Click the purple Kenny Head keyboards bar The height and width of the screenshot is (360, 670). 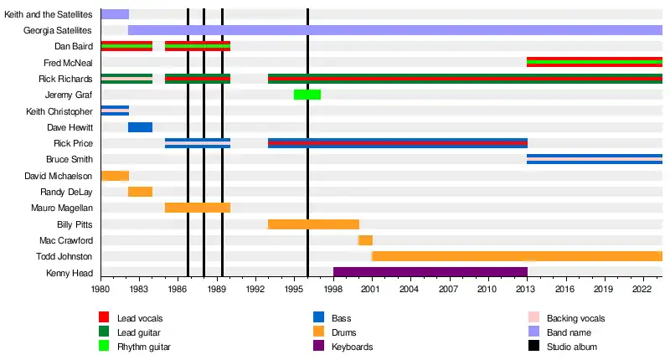pyautogui.click(x=430, y=272)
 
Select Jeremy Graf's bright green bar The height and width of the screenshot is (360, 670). pyautogui.click(x=307, y=94)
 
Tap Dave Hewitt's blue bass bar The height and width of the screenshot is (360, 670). pyautogui.click(x=140, y=126)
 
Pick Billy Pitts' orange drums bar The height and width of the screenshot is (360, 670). pyautogui.click(x=313, y=224)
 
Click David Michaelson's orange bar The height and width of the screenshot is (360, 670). pyautogui.click(x=115, y=175)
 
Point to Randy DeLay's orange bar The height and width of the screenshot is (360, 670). pyautogui.click(x=140, y=192)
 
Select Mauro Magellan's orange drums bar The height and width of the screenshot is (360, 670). pyautogui.click(x=198, y=208)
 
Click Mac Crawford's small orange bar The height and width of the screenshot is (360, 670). pyautogui.click(x=366, y=240)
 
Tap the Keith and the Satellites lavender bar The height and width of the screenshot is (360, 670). pyautogui.click(x=115, y=14)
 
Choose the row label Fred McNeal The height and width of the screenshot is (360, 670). pyautogui.click(x=68, y=63)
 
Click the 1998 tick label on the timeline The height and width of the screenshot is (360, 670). pyautogui.click(x=333, y=289)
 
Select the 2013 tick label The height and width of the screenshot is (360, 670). pyautogui.click(x=527, y=289)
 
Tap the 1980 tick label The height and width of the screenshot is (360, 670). pyautogui.click(x=100, y=289)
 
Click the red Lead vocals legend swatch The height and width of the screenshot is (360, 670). pyautogui.click(x=104, y=318)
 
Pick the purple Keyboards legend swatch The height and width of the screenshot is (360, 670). pyautogui.click(x=317, y=347)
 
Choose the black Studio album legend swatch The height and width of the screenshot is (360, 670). pyautogui.click(x=533, y=347)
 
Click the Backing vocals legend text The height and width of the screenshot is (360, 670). pyautogui.click(x=575, y=318)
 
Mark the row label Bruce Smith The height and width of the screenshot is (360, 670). pyautogui.click(x=70, y=159)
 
